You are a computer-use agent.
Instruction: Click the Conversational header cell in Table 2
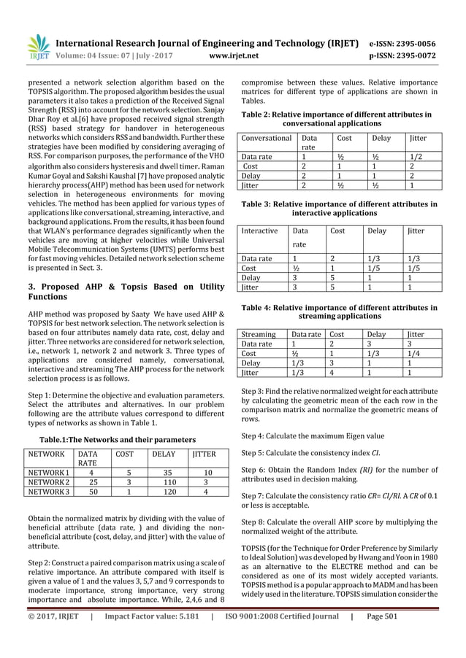[267, 137]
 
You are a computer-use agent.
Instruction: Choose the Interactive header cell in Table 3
[260, 231]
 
